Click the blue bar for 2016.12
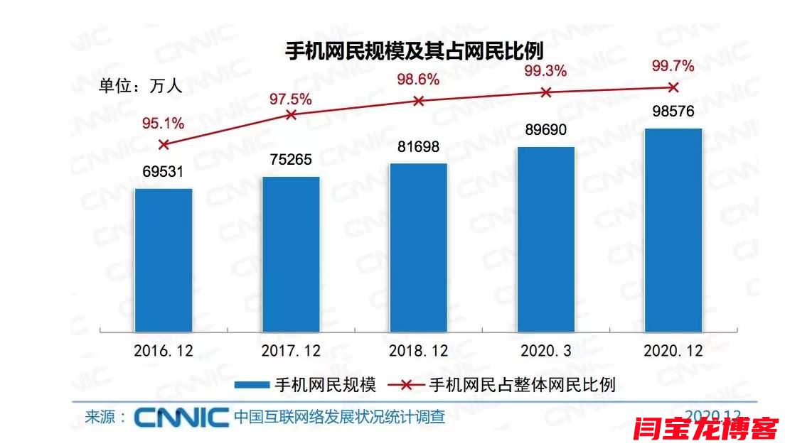coord(164,259)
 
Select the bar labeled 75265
coord(291,254)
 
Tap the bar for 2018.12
coord(419,247)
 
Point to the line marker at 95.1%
coord(164,144)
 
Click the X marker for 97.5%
coord(291,114)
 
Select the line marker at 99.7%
coord(673,87)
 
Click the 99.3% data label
coord(545,71)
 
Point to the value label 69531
coord(164,173)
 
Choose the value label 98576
coord(673,112)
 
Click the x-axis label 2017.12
coord(291,351)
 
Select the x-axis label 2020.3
coord(546,351)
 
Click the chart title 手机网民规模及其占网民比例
coord(414,52)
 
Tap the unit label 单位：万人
coord(140,87)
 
